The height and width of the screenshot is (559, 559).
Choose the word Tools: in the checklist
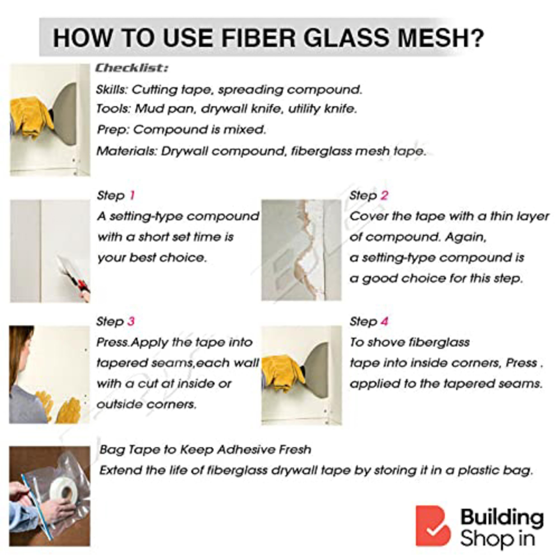tap(114, 109)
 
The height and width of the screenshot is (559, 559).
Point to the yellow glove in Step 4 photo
tap(282, 375)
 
